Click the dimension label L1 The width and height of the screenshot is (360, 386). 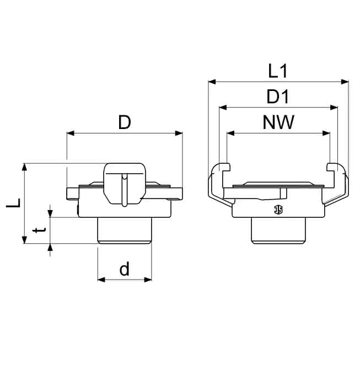pos(277,71)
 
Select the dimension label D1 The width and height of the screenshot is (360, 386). pos(278,96)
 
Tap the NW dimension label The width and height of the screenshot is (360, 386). pos(278,122)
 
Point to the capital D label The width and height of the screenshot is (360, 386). pos(125,122)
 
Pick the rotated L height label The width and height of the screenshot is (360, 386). pos(14,203)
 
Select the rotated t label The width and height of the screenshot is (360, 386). pos(39,230)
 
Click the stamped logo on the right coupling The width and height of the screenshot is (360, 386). pos(278,210)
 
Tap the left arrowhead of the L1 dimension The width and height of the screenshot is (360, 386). pos(212,82)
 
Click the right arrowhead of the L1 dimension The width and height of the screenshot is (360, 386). pos(345,82)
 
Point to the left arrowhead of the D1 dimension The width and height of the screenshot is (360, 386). pos(223,108)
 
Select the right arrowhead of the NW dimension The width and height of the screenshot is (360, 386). pos(326,133)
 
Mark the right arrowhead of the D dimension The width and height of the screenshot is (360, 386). pos(179,133)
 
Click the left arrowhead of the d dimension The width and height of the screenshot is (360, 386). pos(101,280)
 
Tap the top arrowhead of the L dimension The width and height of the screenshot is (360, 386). pos(24,167)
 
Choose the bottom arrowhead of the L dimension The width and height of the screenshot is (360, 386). pos(24,240)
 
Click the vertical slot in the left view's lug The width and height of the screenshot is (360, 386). pos(125,190)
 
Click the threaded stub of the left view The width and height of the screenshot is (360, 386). pos(125,230)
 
